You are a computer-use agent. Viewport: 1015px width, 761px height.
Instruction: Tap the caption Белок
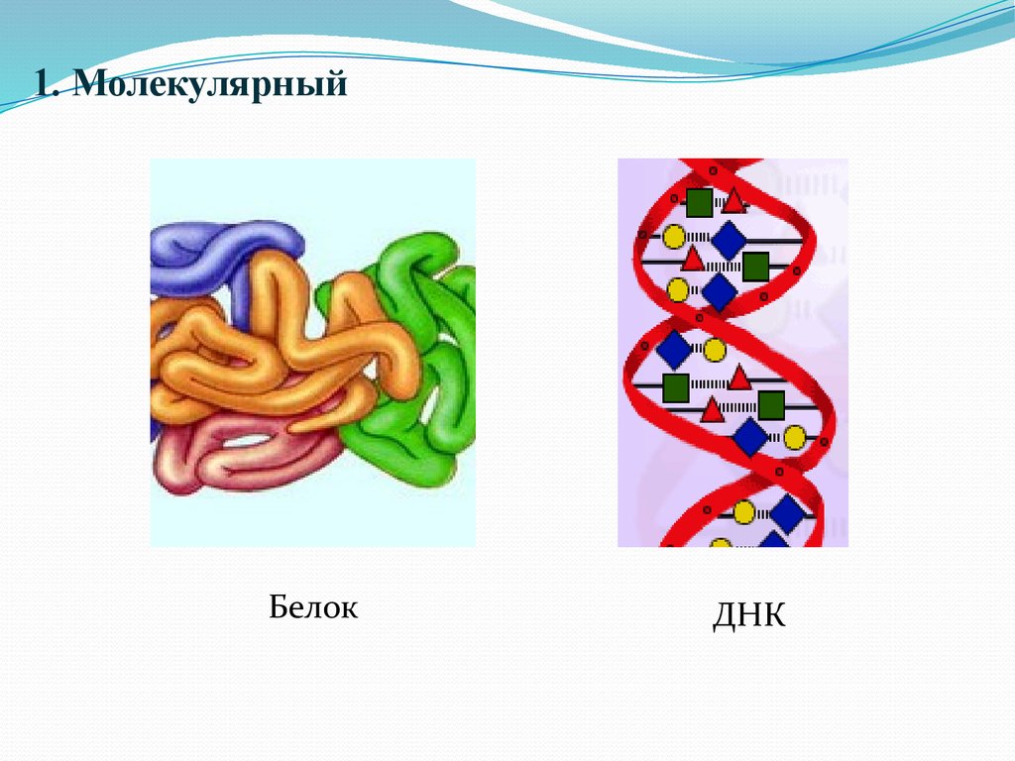pos(312,606)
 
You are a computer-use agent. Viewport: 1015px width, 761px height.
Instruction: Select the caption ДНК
pos(748,616)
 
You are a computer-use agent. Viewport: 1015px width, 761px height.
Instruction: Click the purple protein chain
pos(223,248)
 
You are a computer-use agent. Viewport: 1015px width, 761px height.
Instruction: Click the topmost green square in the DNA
pos(699,202)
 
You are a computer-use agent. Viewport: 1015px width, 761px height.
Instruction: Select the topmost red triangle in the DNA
pos(733,201)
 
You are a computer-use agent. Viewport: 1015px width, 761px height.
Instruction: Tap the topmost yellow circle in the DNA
pos(674,237)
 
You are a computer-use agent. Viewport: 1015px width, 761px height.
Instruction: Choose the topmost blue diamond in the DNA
pos(729,240)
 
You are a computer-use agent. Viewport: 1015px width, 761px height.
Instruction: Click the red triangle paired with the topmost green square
pos(733,201)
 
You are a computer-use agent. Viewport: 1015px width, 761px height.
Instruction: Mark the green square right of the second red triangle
pos(756,266)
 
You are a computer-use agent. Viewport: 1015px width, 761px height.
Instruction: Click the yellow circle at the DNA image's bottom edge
pos(722,543)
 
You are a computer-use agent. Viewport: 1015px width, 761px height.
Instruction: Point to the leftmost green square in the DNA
pos(676,386)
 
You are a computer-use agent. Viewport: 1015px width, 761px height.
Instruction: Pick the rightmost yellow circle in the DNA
pos(795,437)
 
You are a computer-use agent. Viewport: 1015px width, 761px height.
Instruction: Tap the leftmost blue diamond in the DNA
pos(673,348)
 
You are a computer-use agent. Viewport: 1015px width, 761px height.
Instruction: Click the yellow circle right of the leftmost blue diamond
pos(714,349)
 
